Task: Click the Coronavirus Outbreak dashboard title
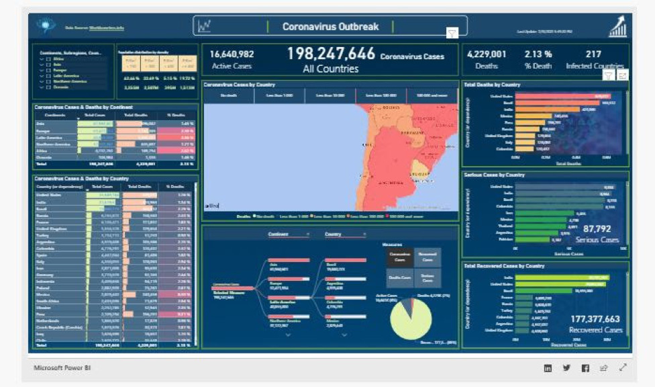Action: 330,27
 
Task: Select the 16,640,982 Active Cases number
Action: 232,54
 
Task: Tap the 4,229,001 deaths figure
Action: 487,54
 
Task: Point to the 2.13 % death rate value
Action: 538,54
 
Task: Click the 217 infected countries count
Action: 593,54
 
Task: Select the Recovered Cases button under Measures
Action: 427,257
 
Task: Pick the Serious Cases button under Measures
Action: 427,277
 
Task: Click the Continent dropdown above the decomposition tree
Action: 288,234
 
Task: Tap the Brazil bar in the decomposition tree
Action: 344,261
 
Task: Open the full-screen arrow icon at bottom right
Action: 623,368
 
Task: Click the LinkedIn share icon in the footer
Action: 548,368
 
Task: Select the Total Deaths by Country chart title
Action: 493,85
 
